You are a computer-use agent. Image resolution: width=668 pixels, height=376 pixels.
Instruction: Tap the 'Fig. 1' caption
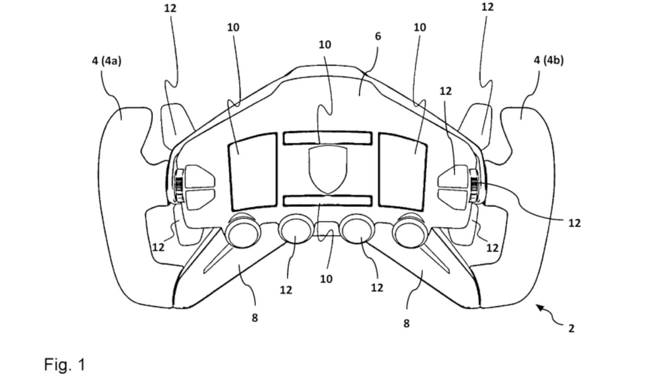[65, 364]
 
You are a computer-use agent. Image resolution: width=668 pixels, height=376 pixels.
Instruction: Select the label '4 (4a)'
[106, 61]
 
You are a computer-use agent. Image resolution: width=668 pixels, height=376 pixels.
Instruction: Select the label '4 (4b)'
[549, 61]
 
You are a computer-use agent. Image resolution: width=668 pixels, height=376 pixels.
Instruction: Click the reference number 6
[378, 37]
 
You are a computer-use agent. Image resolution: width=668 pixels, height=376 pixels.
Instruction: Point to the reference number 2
[571, 328]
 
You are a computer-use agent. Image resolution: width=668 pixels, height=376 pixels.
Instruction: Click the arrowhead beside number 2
[540, 307]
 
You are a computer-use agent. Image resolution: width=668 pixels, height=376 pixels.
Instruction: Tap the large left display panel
[253, 172]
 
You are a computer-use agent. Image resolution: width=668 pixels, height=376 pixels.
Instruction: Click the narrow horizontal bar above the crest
[328, 138]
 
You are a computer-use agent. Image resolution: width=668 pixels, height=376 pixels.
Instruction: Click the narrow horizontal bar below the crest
[328, 201]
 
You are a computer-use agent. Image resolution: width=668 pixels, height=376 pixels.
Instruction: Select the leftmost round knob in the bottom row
[243, 231]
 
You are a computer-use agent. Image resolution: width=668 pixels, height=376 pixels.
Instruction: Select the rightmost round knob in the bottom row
[411, 231]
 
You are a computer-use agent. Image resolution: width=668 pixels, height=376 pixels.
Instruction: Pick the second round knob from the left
[296, 229]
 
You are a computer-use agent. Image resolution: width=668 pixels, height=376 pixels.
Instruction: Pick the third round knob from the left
[358, 229]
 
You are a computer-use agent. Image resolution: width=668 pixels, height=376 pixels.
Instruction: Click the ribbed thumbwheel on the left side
[179, 186]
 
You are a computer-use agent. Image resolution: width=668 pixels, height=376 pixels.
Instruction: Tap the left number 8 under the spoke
[254, 318]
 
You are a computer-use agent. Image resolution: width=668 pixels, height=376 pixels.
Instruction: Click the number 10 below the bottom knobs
[326, 279]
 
